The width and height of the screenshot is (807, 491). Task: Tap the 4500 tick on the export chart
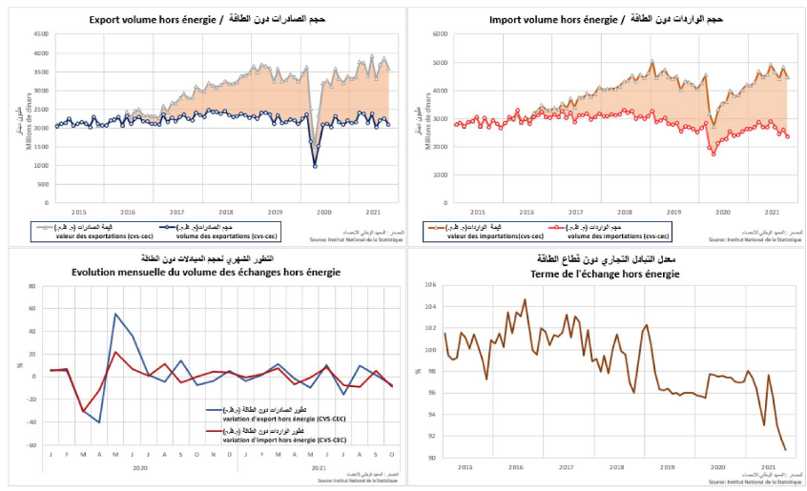[x=41, y=34]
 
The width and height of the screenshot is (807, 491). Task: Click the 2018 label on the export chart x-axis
[x=226, y=212]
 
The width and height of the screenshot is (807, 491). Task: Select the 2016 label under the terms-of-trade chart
[x=515, y=467]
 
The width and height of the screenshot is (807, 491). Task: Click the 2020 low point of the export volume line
[x=315, y=167]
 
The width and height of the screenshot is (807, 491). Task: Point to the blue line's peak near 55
[x=115, y=314]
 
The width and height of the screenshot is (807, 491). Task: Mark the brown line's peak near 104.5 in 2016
[x=525, y=300]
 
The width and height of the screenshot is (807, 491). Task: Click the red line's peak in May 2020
[x=115, y=352]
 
